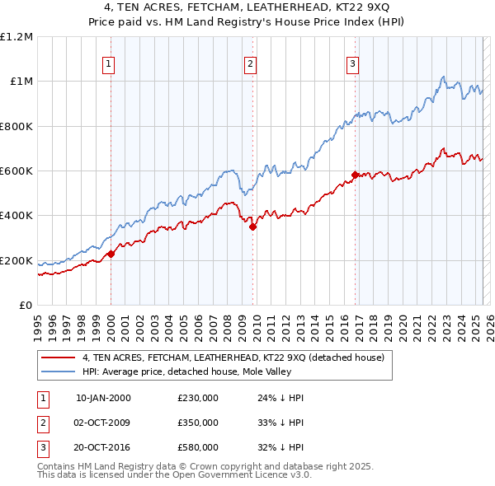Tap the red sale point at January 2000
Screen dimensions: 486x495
(x=111, y=254)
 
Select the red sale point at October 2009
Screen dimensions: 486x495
(x=252, y=227)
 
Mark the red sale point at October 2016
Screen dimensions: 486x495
(x=355, y=175)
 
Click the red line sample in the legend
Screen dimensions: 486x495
(x=58, y=357)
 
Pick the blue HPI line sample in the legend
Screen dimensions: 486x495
(x=58, y=372)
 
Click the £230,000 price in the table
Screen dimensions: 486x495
(x=197, y=398)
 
